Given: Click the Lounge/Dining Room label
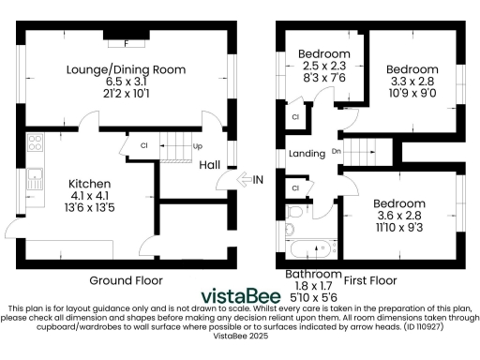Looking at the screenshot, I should [126, 69].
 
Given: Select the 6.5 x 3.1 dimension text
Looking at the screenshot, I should [126, 82].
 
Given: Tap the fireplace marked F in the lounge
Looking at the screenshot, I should [126, 41].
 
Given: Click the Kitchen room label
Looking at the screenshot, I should [90, 183].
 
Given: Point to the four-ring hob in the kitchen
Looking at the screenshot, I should [37, 143].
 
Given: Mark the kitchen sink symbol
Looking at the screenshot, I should [35, 174].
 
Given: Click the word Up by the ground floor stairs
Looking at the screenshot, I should [197, 147].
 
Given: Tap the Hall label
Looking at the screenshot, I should [210, 165].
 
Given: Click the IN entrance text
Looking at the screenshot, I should [258, 180].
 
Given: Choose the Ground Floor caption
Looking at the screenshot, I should [127, 280].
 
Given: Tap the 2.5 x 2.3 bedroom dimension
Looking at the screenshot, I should [324, 67].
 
